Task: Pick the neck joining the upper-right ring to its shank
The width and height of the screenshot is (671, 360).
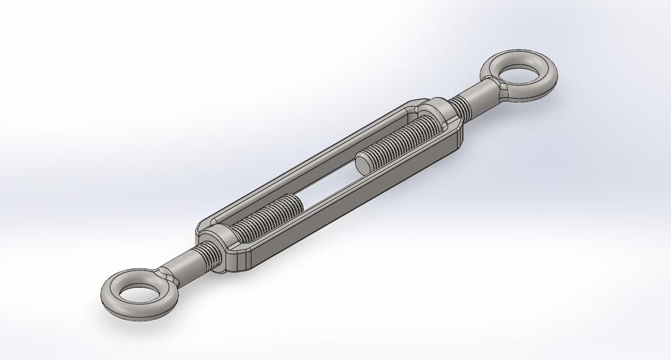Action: [x=498, y=87]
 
